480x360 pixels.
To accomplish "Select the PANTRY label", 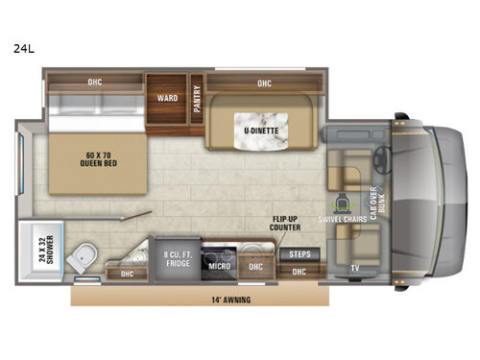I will pos(197,99).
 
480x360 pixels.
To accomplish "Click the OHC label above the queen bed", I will pos(94,82).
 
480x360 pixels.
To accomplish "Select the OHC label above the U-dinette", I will pos(263,84).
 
